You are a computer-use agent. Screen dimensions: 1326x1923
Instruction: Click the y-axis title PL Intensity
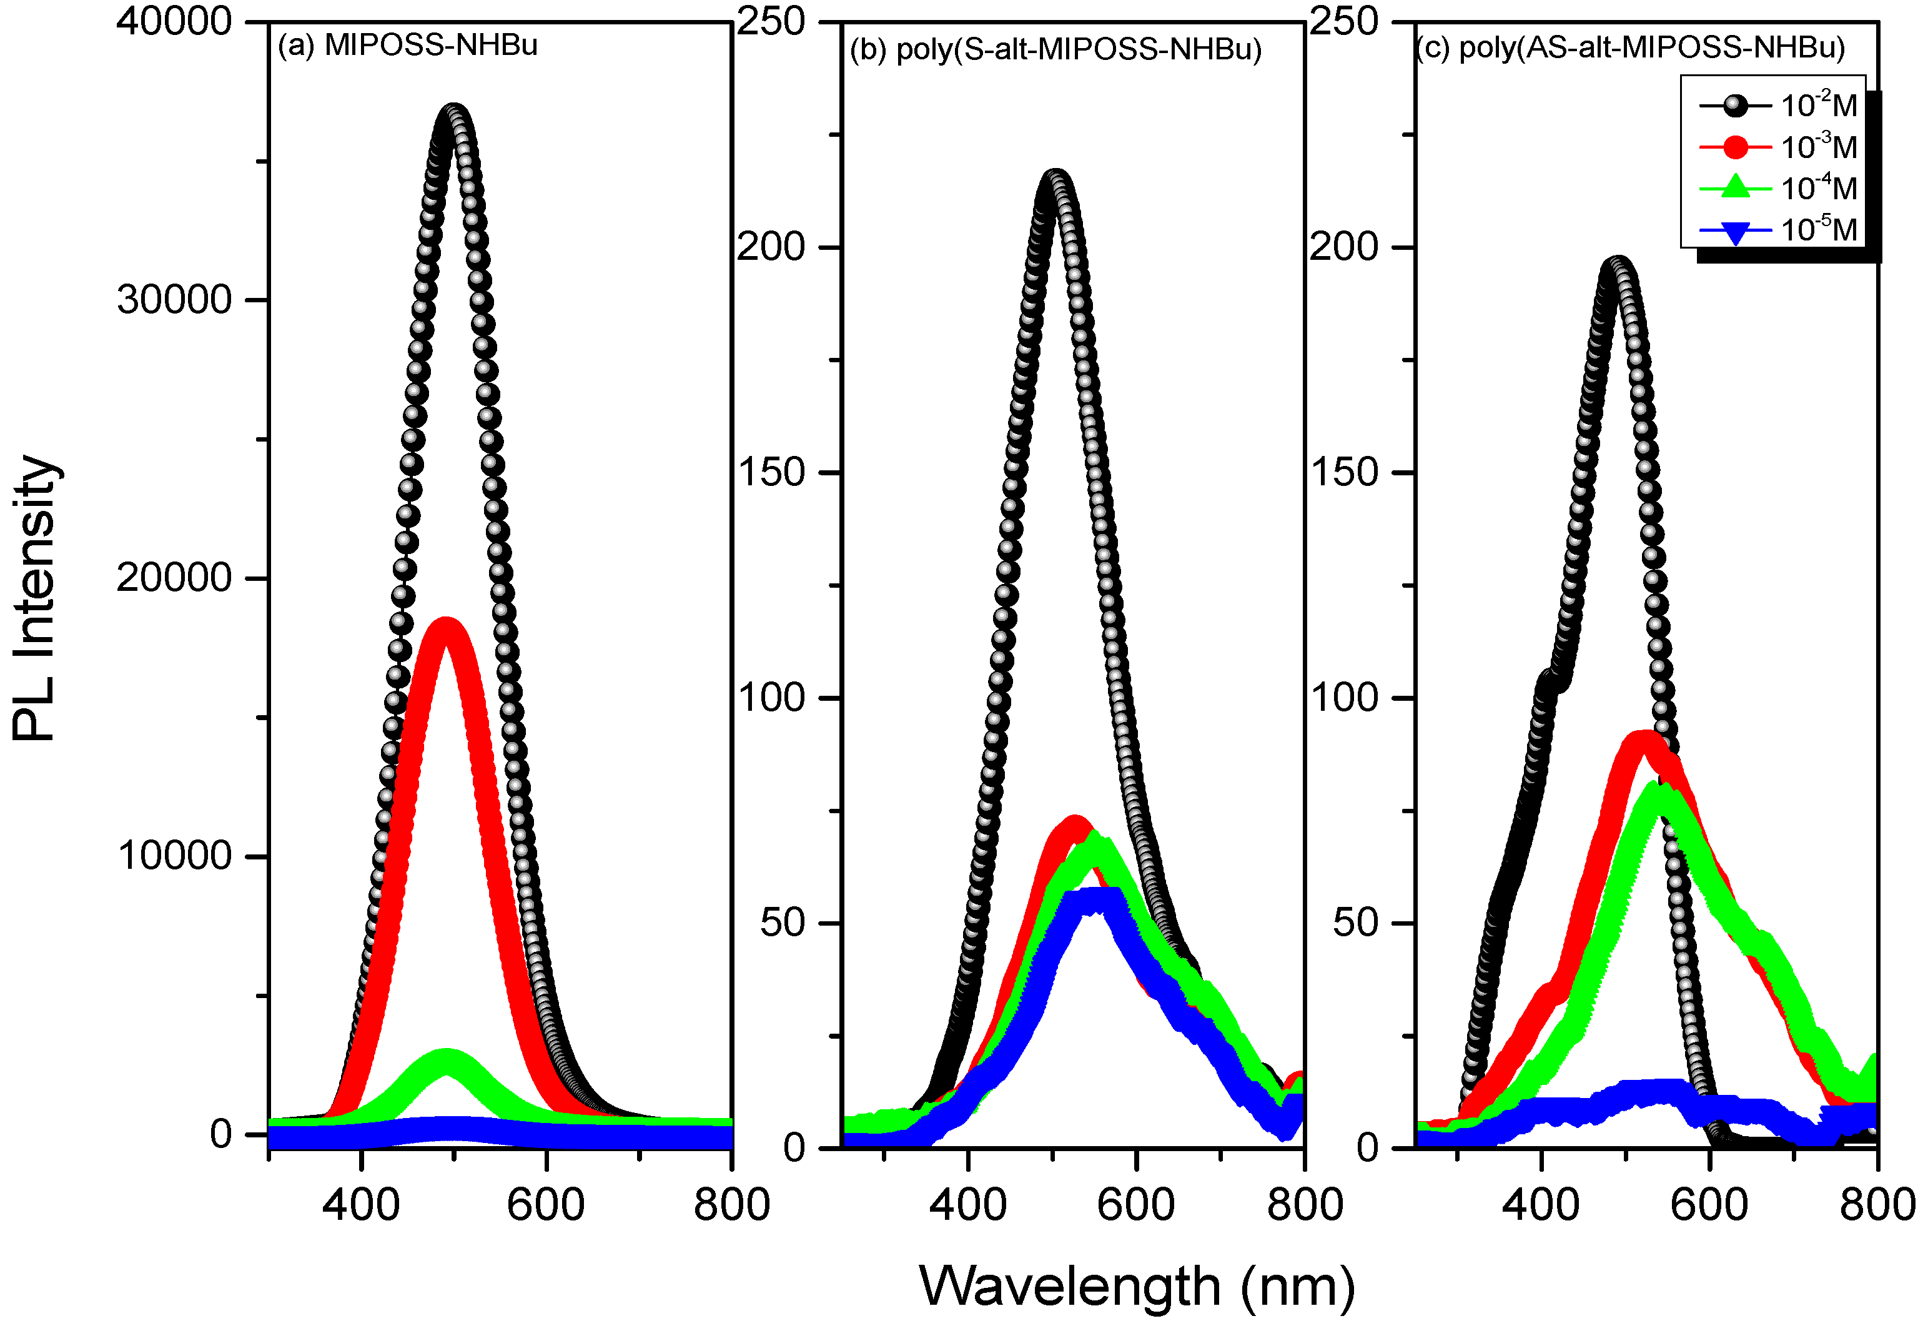pos(35,598)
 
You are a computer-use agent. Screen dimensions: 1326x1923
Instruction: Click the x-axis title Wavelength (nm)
pos(1136,1286)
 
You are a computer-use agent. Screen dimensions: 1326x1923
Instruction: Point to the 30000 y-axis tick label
pos(174,299)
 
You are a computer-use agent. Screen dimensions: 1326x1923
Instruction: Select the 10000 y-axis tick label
pos(174,855)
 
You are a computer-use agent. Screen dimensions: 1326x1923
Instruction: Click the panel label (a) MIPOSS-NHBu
pos(407,45)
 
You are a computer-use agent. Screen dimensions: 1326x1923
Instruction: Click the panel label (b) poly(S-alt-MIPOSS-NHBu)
pos(1055,50)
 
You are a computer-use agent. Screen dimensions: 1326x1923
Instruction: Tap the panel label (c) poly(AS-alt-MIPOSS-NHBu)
pos(1630,47)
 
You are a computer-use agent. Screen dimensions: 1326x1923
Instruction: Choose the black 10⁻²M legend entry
pos(1777,106)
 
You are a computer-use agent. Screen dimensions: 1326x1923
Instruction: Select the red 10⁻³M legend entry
pos(1777,147)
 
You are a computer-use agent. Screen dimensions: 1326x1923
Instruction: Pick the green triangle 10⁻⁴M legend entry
pos(1777,189)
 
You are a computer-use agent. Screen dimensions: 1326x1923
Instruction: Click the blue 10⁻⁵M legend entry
pos(1777,229)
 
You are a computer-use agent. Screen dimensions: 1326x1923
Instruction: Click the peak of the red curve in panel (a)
pos(446,630)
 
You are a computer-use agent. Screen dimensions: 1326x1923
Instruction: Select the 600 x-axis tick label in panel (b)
pos(1135,1205)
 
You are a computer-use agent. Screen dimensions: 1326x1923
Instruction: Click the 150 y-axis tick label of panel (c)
pos(1344,472)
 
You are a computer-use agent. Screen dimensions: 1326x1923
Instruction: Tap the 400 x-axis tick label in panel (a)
pos(360,1205)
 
